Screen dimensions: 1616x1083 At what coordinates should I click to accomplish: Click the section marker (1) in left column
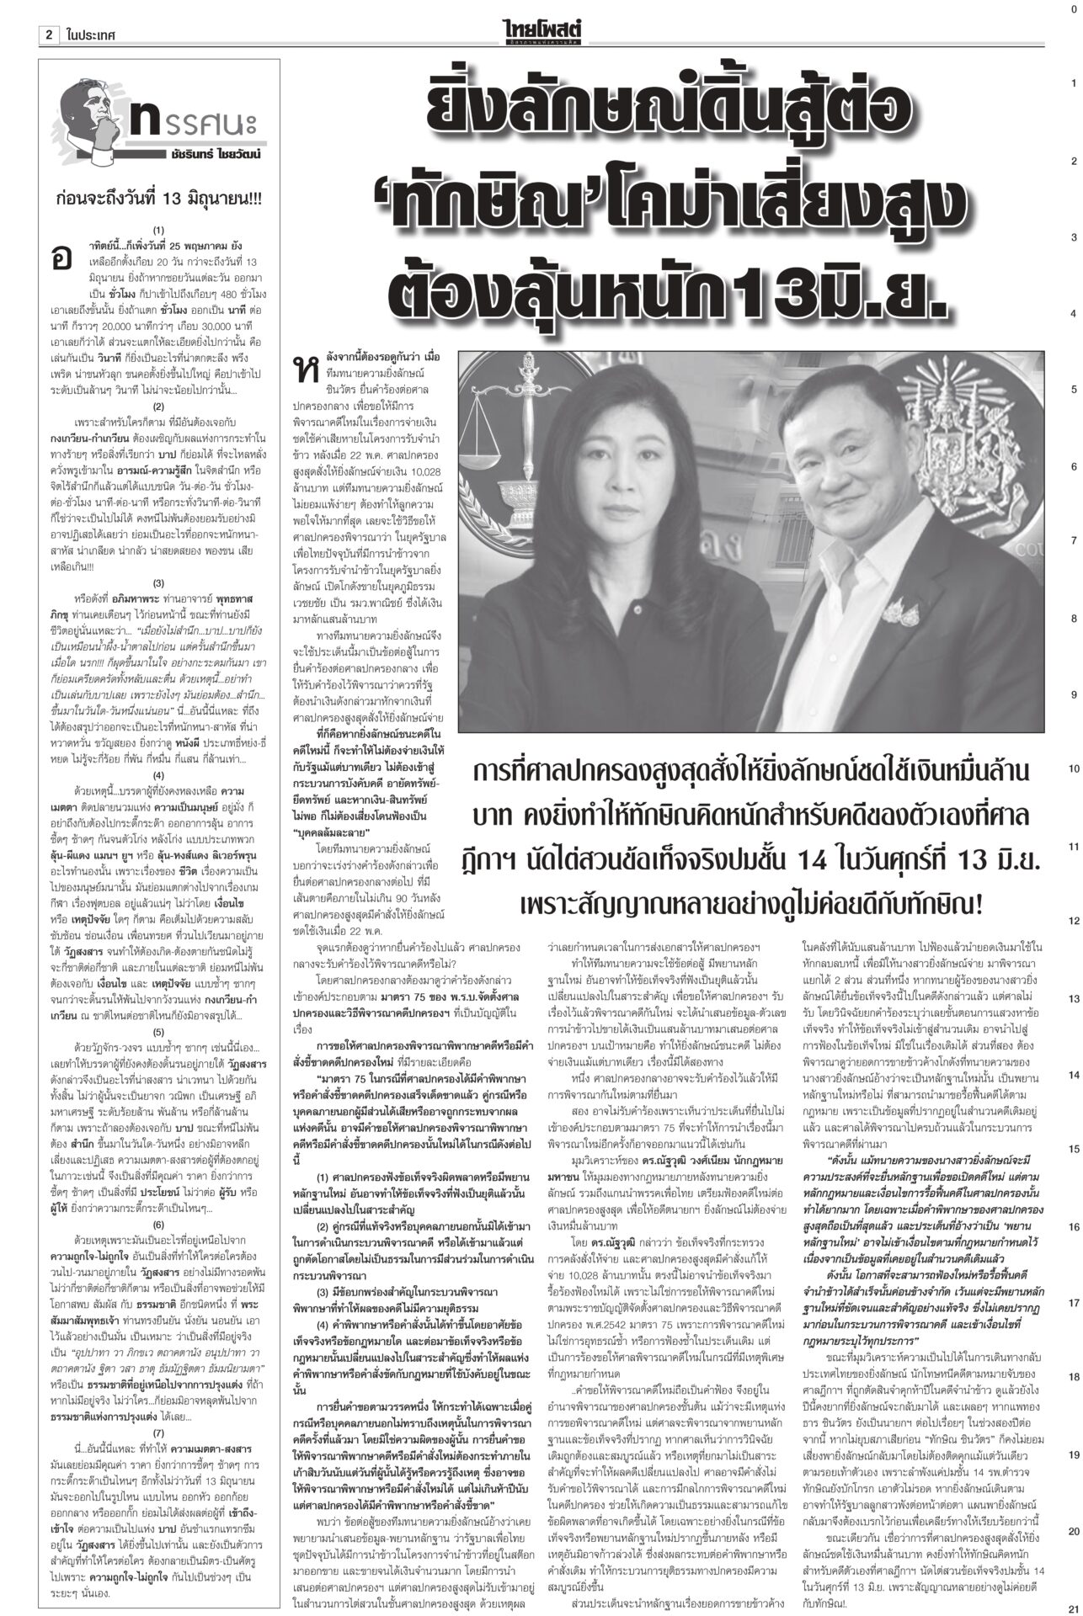[158, 229]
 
